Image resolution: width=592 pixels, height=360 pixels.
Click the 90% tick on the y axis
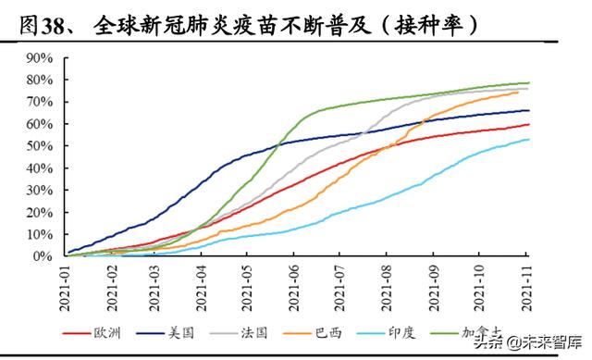[38, 56]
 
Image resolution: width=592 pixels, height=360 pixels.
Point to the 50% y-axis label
[38, 145]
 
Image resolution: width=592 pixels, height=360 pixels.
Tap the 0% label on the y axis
[42, 255]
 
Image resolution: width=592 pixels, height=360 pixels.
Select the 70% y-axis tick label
[38, 101]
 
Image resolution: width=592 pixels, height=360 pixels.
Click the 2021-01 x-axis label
[68, 285]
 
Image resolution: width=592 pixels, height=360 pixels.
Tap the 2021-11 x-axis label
[526, 285]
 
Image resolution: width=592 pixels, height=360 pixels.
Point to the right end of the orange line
[519, 92]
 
